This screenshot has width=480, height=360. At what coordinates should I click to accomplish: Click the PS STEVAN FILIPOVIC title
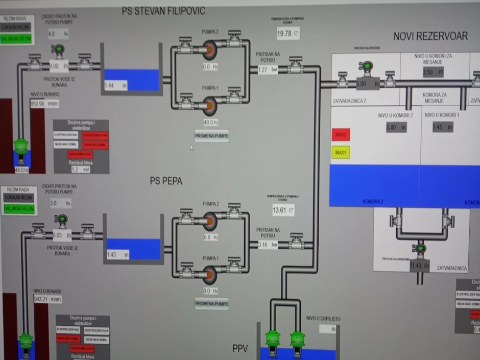click(x=164, y=10)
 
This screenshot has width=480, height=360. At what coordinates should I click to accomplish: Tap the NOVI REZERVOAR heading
click(x=430, y=36)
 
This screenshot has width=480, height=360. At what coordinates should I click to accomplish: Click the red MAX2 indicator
click(x=341, y=135)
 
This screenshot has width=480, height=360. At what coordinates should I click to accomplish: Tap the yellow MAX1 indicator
click(x=341, y=152)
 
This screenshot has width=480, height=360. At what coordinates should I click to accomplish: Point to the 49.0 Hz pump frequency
click(x=211, y=123)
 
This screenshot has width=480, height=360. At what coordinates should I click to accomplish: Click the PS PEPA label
click(x=166, y=180)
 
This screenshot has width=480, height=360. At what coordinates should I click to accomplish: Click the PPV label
click(x=240, y=349)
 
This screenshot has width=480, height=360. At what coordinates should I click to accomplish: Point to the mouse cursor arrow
click(x=191, y=147)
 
